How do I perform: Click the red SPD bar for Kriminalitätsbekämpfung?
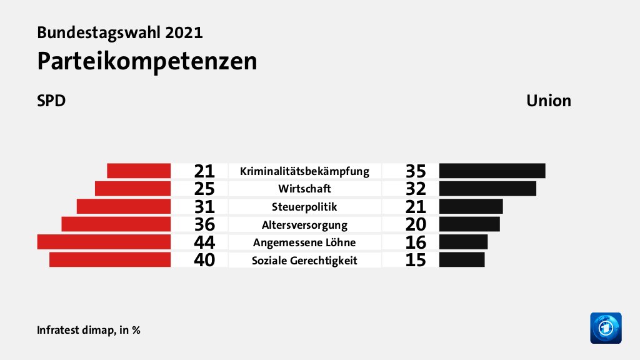tap(139, 171)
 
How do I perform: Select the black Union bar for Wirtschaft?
tap(487, 189)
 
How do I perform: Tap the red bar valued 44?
tap(104, 242)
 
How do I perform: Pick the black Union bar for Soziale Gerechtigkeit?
tap(461, 260)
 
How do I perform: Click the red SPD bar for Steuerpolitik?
tap(124, 206)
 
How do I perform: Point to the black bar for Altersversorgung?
tap(469, 224)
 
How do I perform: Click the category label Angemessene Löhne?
tap(304, 242)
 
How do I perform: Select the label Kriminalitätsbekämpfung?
tap(304, 171)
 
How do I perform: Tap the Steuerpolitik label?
tap(304, 207)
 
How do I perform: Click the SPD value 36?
tap(204, 224)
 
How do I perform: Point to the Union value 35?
tap(415, 171)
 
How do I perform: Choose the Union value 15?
tap(415, 260)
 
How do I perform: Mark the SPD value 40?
tap(204, 260)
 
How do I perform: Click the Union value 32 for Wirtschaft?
tap(415, 189)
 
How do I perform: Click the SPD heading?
tap(51, 101)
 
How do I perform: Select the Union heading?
tap(548, 101)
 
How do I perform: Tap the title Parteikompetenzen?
tap(147, 61)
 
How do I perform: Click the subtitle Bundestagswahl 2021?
tap(120, 32)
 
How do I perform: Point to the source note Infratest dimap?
tap(88, 329)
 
